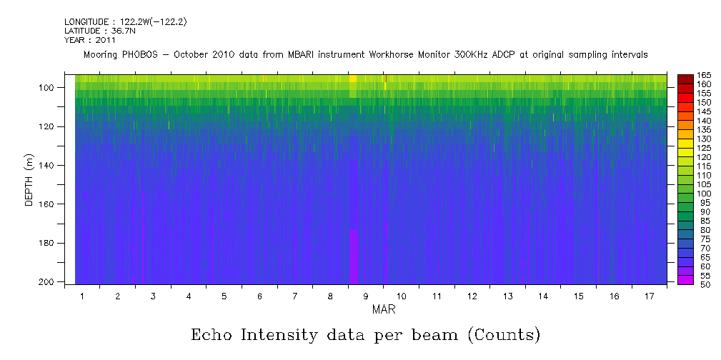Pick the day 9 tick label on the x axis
[366, 296]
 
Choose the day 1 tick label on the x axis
[82, 296]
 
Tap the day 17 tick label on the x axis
[649, 296]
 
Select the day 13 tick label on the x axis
[507, 296]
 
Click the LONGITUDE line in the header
[126, 23]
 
